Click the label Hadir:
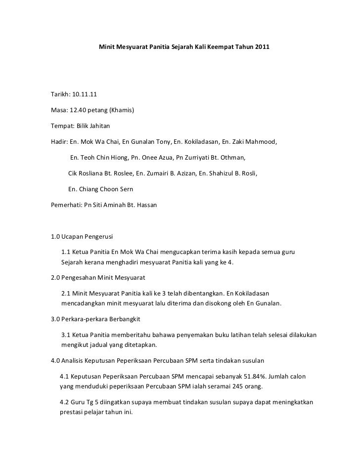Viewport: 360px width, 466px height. click(x=59, y=142)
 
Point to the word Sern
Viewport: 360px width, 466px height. click(x=126, y=189)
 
